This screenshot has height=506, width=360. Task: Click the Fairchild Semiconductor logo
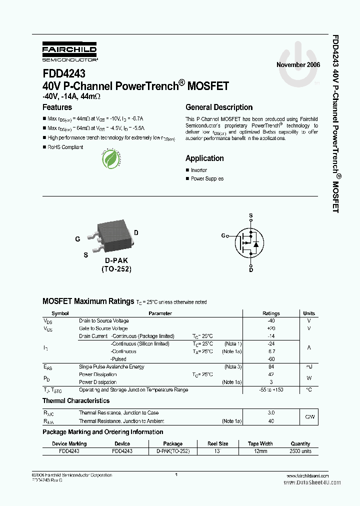click(x=69, y=51)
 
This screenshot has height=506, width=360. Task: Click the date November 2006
click(x=298, y=65)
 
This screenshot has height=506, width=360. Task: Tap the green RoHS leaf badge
click(x=110, y=159)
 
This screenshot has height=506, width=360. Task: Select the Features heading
click(x=57, y=107)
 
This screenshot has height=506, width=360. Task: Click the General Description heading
click(x=219, y=107)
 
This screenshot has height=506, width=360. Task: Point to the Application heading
click(x=204, y=158)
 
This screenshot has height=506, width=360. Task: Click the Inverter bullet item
click(x=198, y=170)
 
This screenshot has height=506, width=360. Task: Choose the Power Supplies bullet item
click(x=207, y=178)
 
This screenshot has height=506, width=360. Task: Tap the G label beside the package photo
click(x=77, y=239)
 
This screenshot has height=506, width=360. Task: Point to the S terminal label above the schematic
click(x=251, y=216)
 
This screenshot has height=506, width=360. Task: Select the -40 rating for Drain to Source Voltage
click(x=271, y=321)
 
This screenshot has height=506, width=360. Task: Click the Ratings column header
click(x=271, y=313)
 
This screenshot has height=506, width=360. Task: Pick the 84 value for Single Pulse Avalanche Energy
click(x=271, y=367)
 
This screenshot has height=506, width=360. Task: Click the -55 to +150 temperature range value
click(x=271, y=390)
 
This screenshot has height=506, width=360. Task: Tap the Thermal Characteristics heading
click(x=76, y=401)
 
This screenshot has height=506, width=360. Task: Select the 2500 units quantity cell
click(x=300, y=451)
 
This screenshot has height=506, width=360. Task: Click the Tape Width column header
click(x=260, y=443)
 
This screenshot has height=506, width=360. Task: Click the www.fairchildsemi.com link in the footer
click(x=308, y=475)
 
